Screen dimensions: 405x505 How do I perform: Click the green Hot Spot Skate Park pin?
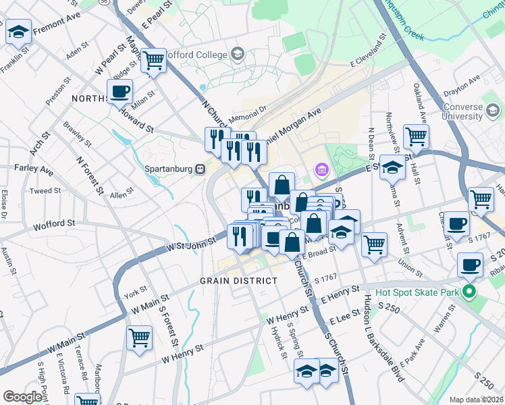click(x=471, y=292)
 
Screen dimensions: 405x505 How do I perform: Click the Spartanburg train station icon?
click(x=201, y=169)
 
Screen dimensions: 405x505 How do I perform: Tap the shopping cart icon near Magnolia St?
click(x=154, y=61)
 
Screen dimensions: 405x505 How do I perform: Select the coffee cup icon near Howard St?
click(x=119, y=91)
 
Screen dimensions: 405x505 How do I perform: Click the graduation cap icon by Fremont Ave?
click(x=18, y=31)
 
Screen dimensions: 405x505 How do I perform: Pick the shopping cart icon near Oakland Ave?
click(x=417, y=137)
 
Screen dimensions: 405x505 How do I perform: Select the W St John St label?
click(x=192, y=243)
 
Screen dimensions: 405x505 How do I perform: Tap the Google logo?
click(x=22, y=397)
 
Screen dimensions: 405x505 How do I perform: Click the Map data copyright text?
click(x=476, y=400)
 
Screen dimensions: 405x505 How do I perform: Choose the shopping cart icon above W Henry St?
click(x=139, y=337)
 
